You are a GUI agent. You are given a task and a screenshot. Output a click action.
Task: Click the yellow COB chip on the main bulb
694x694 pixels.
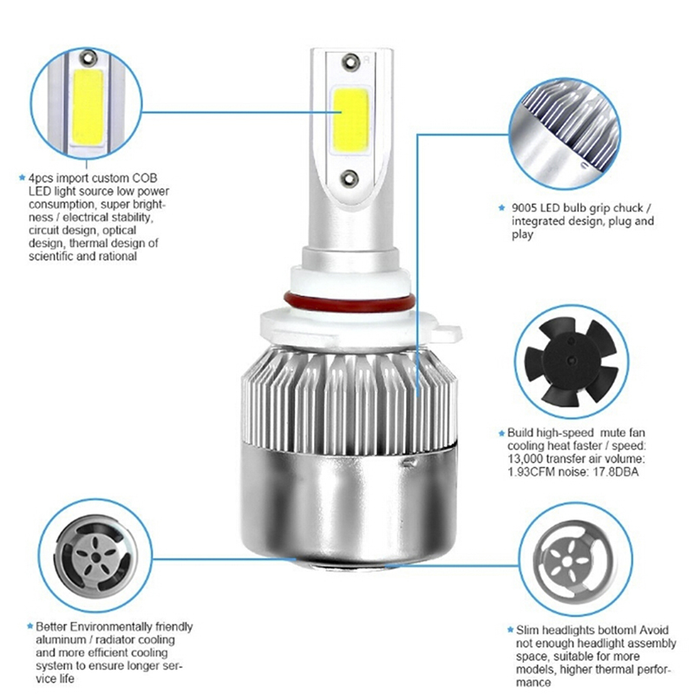click(350, 120)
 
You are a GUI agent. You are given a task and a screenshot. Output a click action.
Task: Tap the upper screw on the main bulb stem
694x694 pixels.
click(351, 61)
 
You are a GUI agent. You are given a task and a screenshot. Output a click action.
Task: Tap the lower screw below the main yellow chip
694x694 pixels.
click(350, 178)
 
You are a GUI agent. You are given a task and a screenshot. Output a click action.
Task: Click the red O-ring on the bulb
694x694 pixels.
click(350, 303)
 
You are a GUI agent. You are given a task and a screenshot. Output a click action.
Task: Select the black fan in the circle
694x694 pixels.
click(572, 362)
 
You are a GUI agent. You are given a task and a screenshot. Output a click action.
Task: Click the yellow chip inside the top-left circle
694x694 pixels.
click(88, 107)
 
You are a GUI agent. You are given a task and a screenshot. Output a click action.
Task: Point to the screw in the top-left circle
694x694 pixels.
click(89, 56)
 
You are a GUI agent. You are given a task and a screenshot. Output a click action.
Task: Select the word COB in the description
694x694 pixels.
click(144, 178)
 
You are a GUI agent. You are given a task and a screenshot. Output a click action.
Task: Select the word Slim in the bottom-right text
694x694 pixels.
click(527, 630)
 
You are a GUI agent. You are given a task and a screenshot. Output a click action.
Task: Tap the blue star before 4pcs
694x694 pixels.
click(23, 178)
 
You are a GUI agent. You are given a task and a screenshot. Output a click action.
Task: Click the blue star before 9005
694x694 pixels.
click(501, 207)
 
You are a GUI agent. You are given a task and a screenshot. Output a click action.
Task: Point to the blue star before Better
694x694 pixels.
click(30, 626)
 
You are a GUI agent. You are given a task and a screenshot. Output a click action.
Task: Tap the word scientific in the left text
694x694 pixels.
click(51, 256)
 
